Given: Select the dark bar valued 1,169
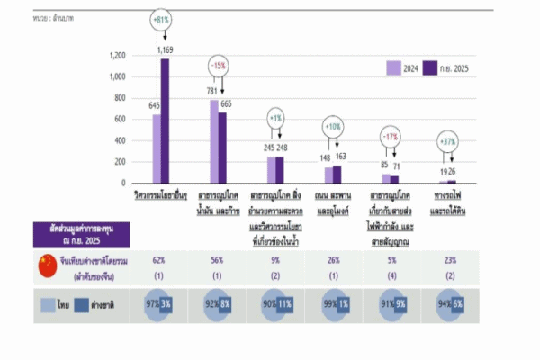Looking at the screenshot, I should tap(166, 121).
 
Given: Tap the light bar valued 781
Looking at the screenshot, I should tap(213, 141).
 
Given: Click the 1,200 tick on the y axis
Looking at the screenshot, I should tap(117, 56).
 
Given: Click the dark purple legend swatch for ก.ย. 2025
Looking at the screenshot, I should tap(430, 67).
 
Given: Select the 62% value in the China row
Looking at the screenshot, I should tap(158, 260).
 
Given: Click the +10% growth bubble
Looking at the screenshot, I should tap(332, 126).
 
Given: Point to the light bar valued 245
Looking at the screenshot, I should tap(271, 169).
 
